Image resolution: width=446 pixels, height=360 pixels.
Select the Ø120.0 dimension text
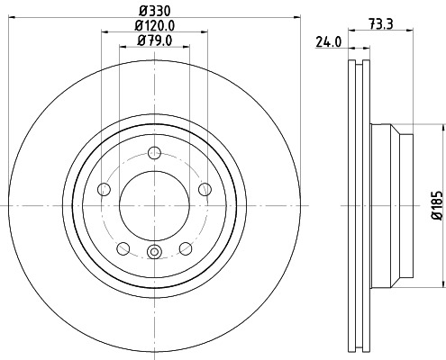coord(154,25)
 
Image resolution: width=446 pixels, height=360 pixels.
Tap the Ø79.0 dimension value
coord(154,40)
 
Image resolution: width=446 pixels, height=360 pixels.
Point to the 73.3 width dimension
coord(379,25)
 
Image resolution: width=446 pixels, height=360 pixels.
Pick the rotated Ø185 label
coord(436,205)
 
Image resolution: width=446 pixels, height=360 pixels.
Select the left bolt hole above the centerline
coord(103,188)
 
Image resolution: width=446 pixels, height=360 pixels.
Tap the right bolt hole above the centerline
coord(205,187)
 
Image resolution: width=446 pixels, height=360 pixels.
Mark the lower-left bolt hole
coord(123,248)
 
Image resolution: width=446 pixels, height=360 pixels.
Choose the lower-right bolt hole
coord(186,248)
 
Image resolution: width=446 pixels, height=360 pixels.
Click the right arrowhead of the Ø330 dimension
coord(298,18)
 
